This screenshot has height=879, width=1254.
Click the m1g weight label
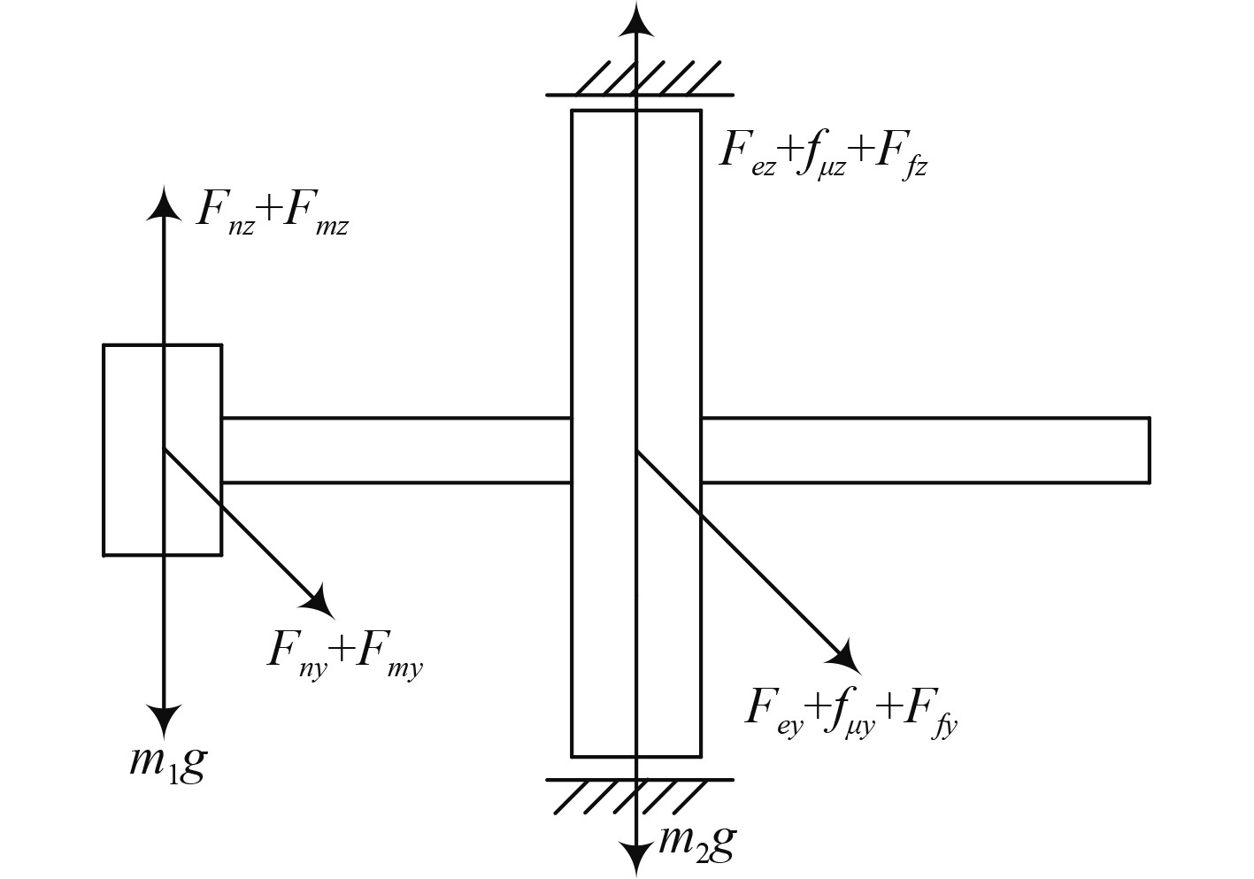[168, 761]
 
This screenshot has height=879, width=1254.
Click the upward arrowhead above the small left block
[163, 202]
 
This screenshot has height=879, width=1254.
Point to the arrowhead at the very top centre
[635, 19]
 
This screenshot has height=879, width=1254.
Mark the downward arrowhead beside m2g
[635, 857]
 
